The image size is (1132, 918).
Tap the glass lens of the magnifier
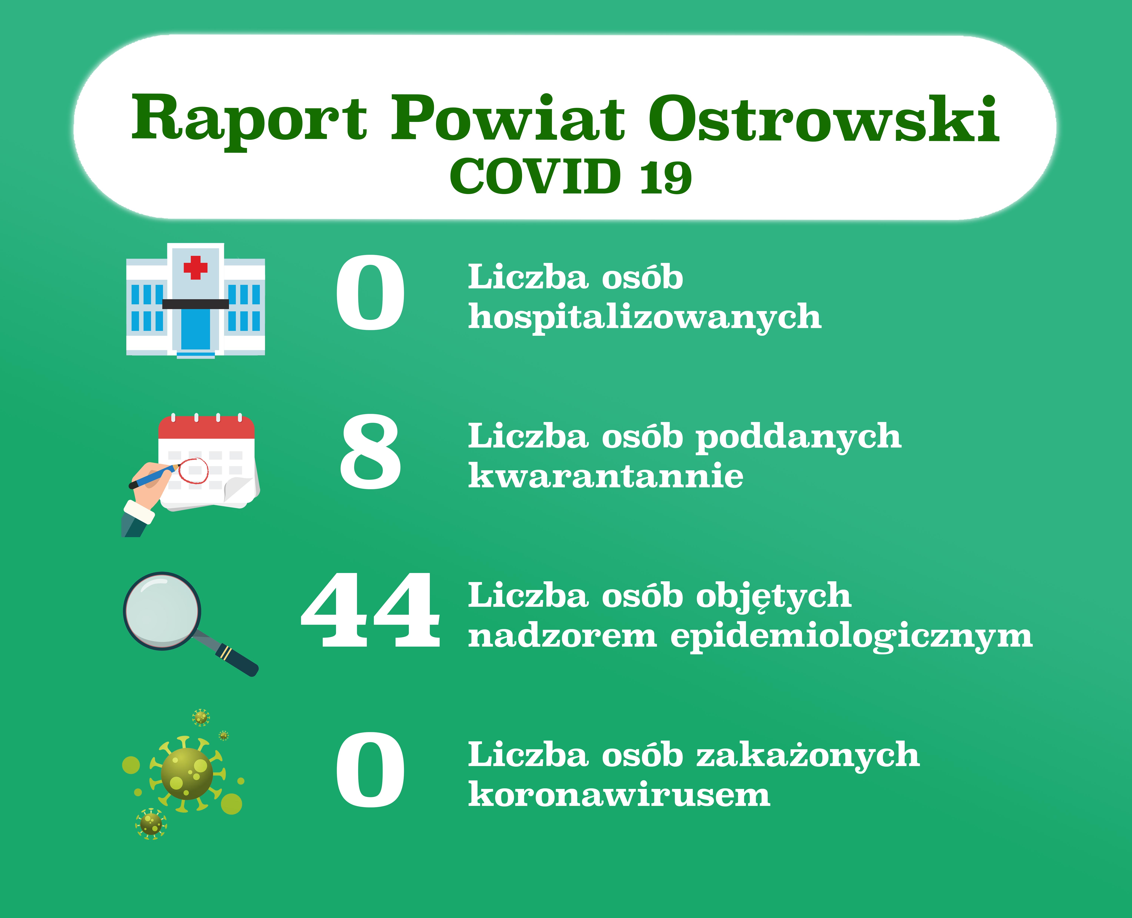point(162,611)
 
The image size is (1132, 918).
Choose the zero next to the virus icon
point(370,770)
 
